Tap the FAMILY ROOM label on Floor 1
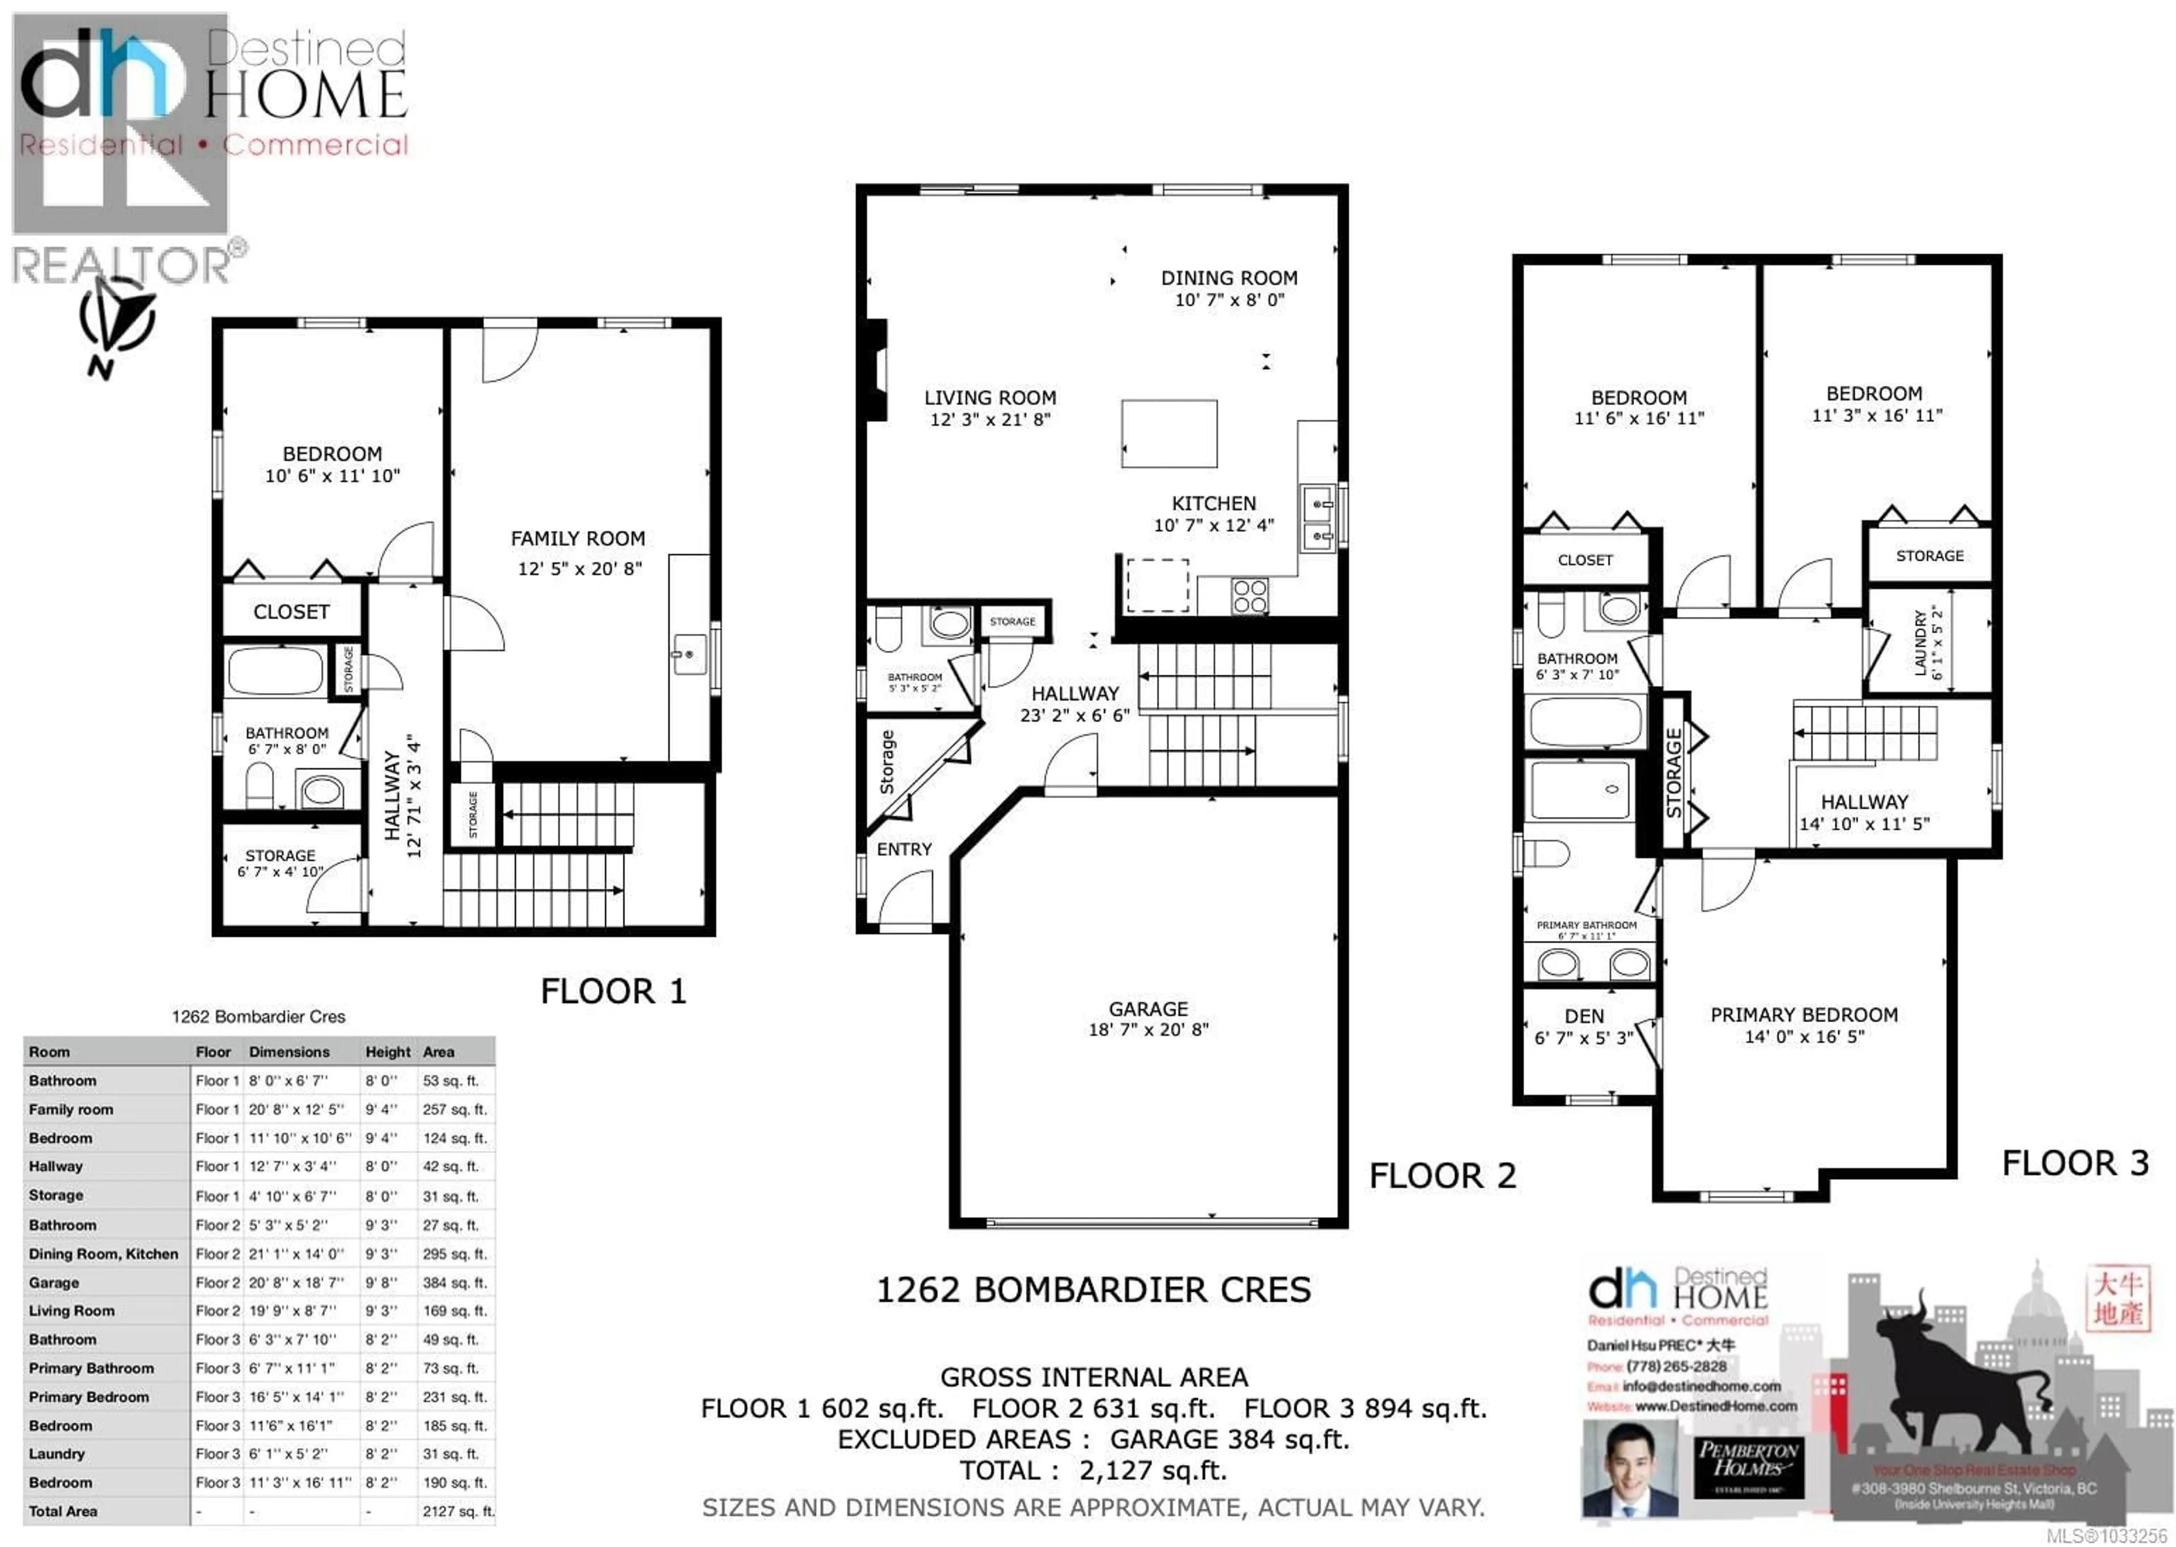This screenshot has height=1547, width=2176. [577, 539]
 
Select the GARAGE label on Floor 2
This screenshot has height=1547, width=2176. [1148, 1009]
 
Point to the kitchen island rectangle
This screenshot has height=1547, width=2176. [1169, 433]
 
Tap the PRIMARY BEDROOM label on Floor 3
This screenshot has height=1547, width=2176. [1804, 1016]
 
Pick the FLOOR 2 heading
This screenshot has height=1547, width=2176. [1442, 1177]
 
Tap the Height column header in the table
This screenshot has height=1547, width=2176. [388, 1052]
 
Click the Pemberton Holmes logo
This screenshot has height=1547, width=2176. [1748, 1459]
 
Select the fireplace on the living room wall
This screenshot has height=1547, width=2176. [874, 369]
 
